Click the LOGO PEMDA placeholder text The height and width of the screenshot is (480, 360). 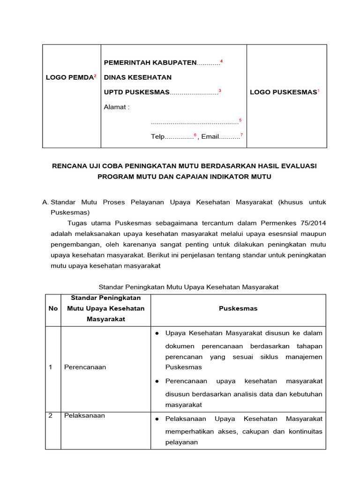(x=69, y=77)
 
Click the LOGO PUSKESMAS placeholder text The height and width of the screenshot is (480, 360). (x=283, y=92)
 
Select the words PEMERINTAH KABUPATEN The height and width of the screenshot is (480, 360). (x=150, y=63)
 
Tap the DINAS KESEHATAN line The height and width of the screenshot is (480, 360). (x=137, y=77)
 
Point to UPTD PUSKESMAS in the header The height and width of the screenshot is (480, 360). (x=136, y=92)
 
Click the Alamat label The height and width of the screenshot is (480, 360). (x=116, y=107)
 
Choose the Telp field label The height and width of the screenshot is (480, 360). (x=157, y=137)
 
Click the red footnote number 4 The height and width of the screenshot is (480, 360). (x=221, y=61)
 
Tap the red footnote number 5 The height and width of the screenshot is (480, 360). (x=240, y=120)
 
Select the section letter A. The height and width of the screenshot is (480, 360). (x=45, y=202)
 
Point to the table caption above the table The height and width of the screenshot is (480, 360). (x=188, y=286)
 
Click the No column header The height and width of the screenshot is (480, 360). (x=53, y=308)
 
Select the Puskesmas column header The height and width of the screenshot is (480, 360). (x=238, y=308)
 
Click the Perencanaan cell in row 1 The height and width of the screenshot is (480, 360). (x=85, y=367)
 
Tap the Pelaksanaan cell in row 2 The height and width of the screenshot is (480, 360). (x=84, y=415)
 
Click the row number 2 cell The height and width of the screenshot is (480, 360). (x=51, y=415)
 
